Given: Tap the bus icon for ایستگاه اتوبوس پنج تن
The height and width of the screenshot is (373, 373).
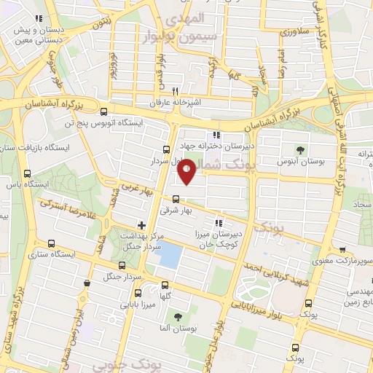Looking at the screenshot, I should [x=103, y=112].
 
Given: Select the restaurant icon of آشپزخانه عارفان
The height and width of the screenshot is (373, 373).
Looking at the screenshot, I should [x=175, y=92].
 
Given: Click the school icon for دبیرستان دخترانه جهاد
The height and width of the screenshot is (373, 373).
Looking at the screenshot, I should [x=215, y=135].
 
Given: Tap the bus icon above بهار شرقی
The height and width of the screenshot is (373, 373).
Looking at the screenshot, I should [x=176, y=198].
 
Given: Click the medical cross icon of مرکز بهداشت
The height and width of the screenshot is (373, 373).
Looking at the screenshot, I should [x=141, y=224].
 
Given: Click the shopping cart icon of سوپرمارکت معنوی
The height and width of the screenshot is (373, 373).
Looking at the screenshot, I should [x=342, y=250].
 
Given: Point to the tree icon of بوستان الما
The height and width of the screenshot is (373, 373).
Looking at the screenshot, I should [x=177, y=317].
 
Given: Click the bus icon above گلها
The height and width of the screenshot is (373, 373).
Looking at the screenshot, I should [x=165, y=285].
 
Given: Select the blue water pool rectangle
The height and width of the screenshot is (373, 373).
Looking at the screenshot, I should [x=170, y=254].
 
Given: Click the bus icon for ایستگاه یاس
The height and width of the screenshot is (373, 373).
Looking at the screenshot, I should [x=28, y=173].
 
